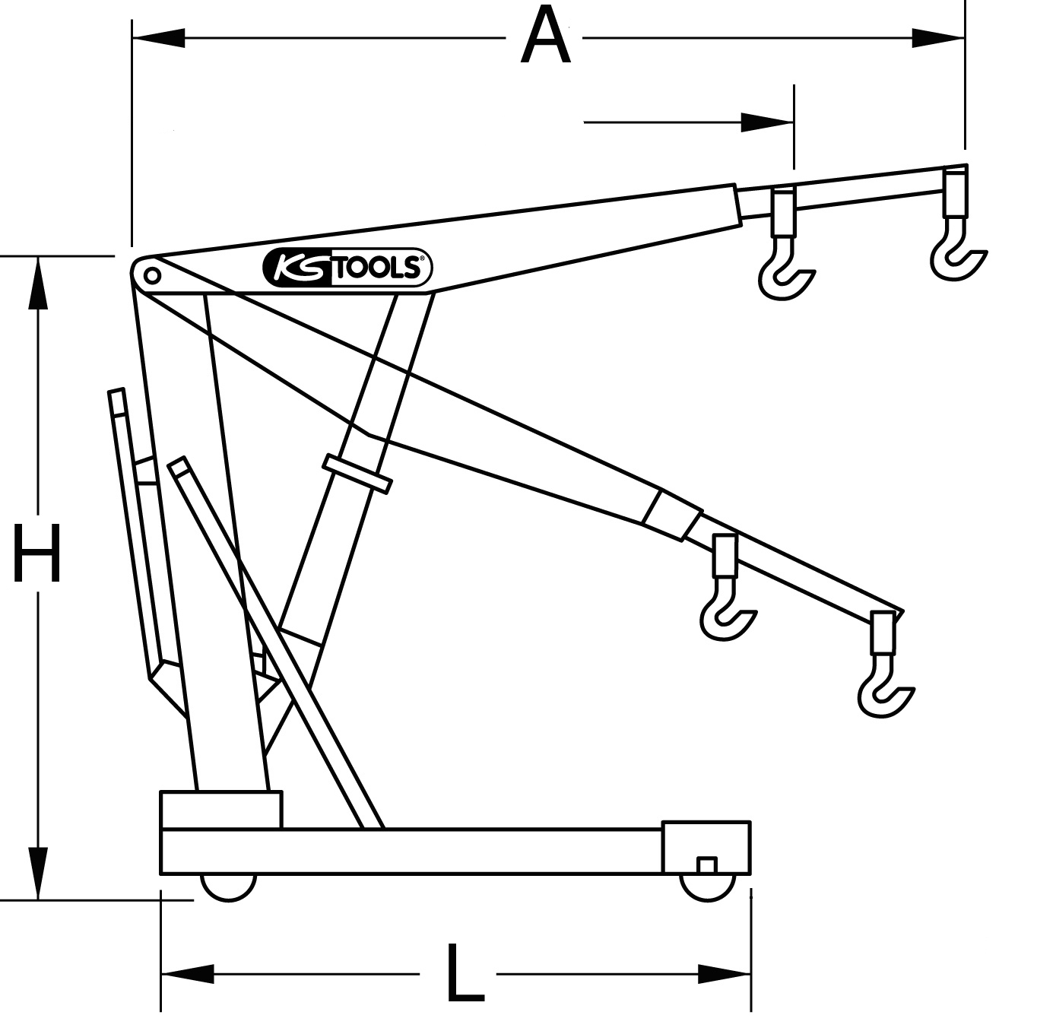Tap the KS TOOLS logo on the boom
347,268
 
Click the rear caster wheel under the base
228,887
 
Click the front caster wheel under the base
708,887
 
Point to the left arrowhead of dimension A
159,37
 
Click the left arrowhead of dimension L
187,973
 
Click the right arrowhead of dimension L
725,973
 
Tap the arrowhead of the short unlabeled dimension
767,122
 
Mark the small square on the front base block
707,864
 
